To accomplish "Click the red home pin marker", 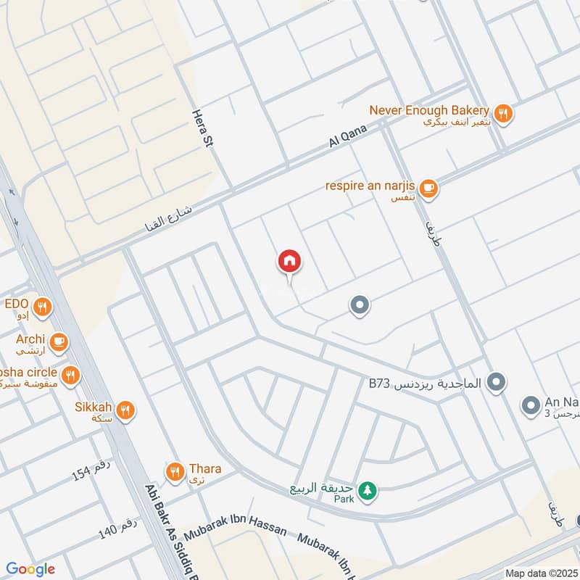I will click(x=289, y=262).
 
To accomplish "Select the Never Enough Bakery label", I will click(x=429, y=110).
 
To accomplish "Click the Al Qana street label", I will click(x=349, y=136).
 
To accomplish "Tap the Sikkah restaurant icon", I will click(x=125, y=411).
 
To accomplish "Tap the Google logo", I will click(x=30, y=570).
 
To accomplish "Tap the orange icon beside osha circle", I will click(x=70, y=375).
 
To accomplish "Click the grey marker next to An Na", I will click(x=531, y=405).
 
